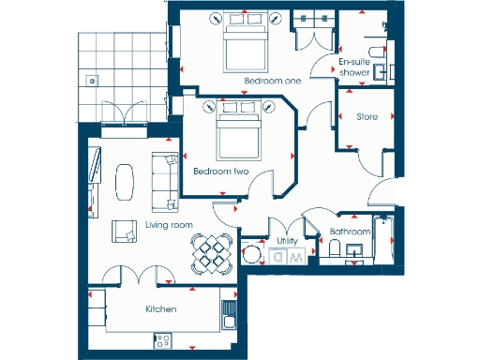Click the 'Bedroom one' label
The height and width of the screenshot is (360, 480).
(273, 82)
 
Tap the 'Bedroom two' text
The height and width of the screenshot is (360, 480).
(220, 172)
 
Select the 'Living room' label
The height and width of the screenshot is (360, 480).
(169, 225)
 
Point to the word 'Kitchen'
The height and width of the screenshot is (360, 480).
(161, 308)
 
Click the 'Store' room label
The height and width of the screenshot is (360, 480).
(367, 117)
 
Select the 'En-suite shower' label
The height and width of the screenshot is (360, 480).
(353, 67)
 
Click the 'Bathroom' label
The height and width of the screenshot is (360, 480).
(350, 232)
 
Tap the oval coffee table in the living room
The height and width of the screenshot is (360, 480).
(126, 180)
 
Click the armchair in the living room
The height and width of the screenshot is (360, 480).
(124, 230)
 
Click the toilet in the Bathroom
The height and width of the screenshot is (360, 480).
(334, 248)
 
